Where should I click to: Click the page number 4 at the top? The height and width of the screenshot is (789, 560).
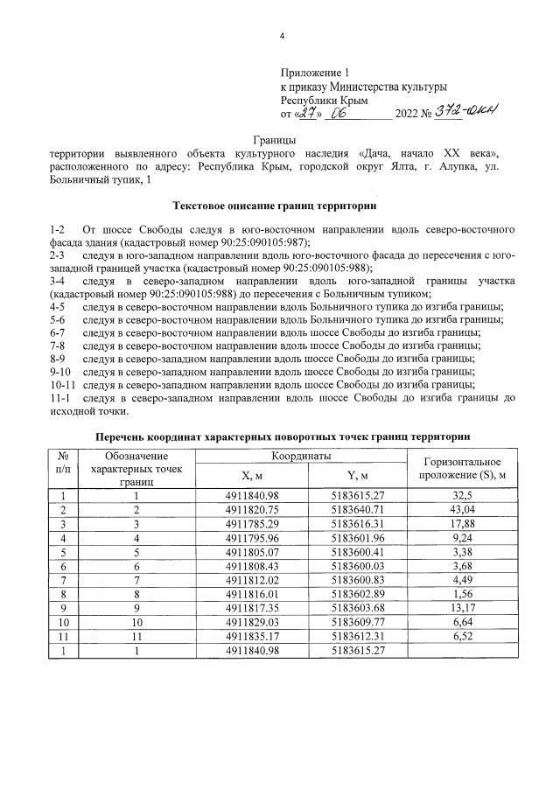(282, 35)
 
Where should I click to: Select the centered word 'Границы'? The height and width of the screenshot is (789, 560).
(275, 139)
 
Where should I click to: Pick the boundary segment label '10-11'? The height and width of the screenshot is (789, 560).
(64, 383)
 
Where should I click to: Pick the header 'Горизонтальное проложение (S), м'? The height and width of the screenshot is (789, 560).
(461, 467)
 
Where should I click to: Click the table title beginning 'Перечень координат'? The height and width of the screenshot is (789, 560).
(282, 436)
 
